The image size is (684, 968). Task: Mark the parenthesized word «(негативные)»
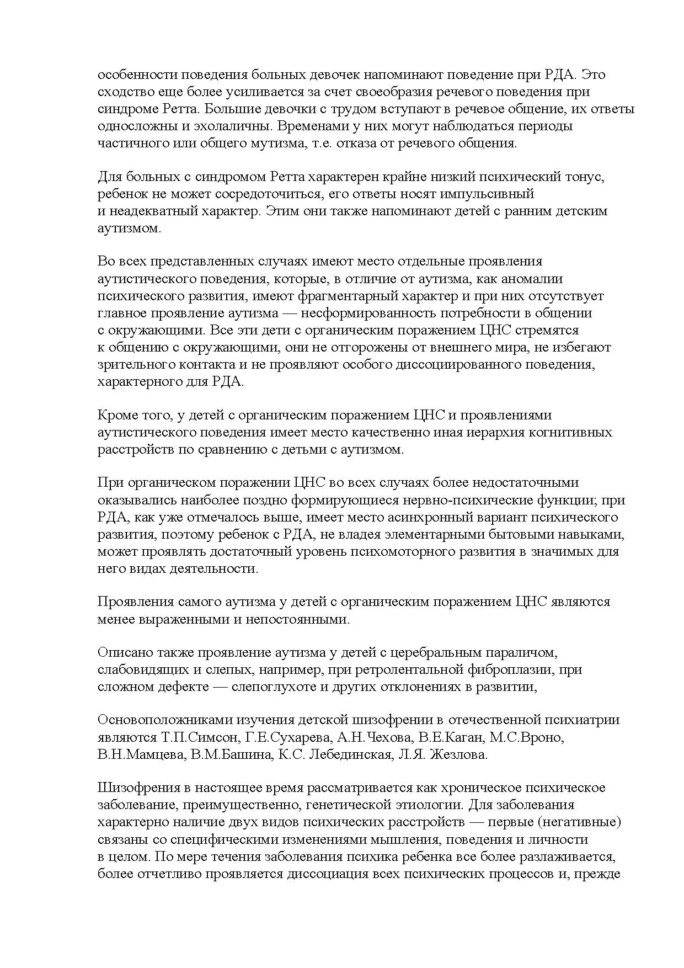[x=580, y=822]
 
